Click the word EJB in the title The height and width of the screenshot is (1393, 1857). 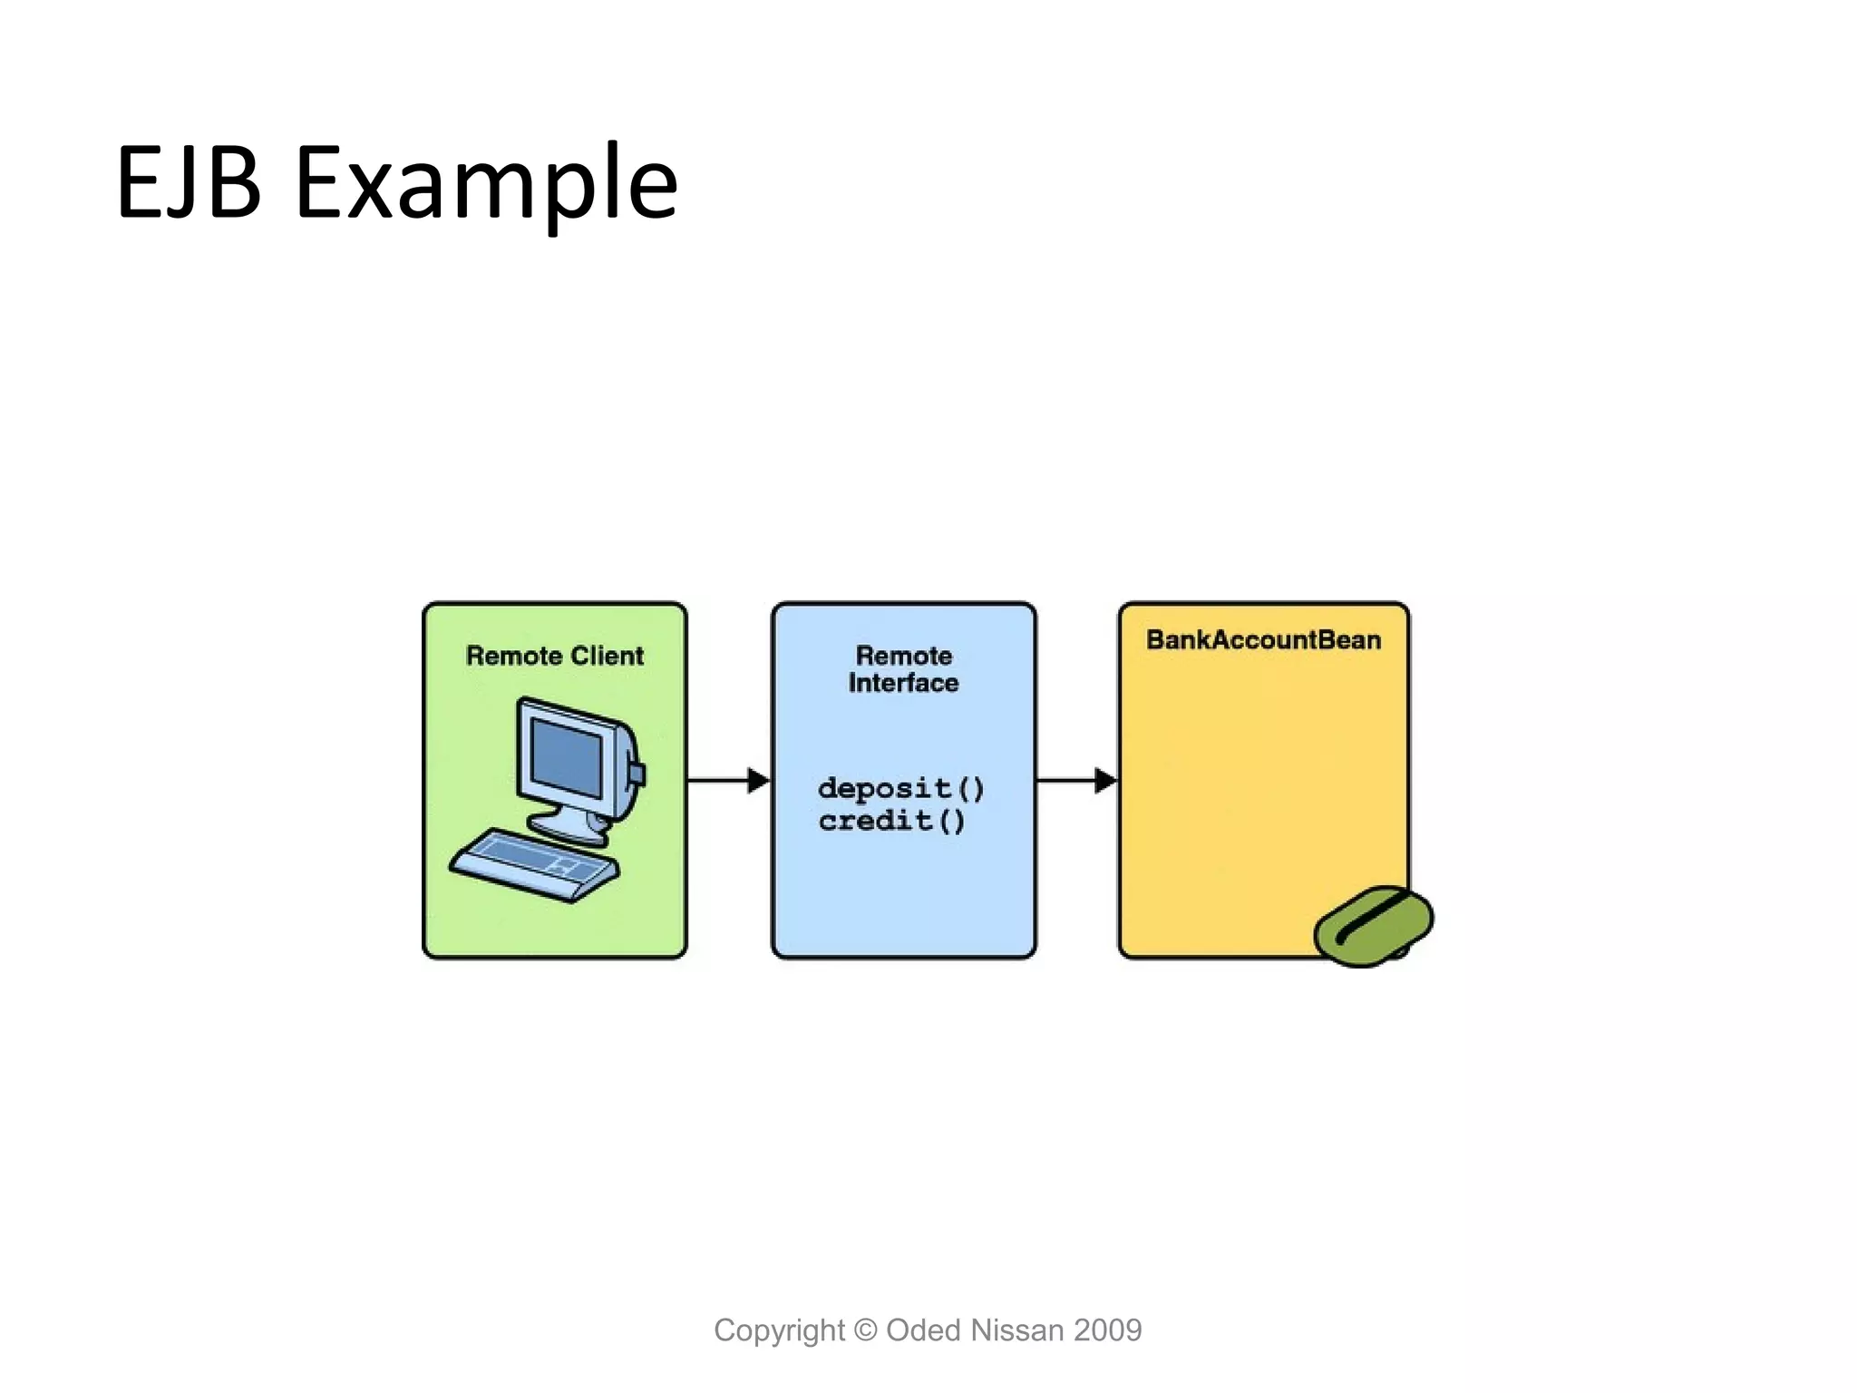click(189, 183)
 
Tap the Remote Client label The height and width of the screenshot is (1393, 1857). click(554, 656)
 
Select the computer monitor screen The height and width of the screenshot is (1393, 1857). click(567, 757)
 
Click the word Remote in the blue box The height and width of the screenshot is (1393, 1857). click(903, 655)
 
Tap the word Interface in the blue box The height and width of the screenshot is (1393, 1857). click(903, 683)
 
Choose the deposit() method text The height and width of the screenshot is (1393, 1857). click(900, 788)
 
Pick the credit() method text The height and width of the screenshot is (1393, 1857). click(891, 821)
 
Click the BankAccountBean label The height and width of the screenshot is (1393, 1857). click(1263, 639)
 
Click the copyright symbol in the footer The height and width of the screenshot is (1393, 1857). click(866, 1330)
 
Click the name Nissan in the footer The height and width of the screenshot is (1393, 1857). click(1016, 1330)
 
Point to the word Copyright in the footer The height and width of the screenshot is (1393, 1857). click(779, 1330)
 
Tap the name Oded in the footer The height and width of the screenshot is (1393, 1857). click(923, 1330)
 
